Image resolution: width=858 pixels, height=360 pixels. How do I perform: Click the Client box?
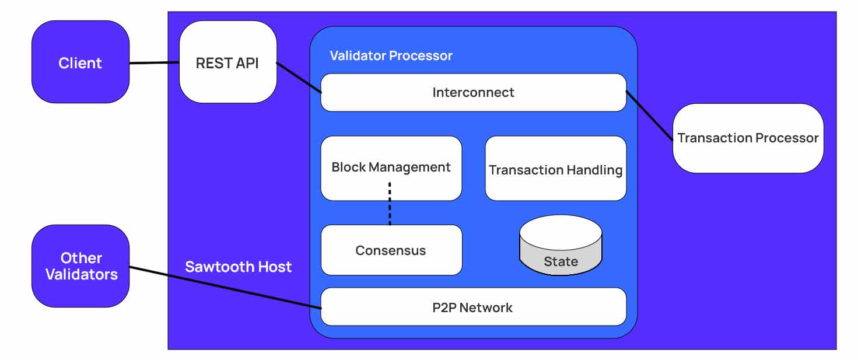[x=80, y=62]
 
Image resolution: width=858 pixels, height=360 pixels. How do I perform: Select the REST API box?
[x=227, y=62]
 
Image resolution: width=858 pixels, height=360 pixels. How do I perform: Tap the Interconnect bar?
[x=473, y=92]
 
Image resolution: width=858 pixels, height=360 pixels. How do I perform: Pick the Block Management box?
[x=391, y=168]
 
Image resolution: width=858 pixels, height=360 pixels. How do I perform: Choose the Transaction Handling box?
[x=555, y=169]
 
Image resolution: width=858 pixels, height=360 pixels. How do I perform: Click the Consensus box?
[x=391, y=250]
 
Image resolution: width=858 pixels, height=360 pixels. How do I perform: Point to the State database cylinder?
[x=561, y=245]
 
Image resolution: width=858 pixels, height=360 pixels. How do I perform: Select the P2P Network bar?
[x=473, y=307]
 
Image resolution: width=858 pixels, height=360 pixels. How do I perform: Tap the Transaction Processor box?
[x=748, y=138]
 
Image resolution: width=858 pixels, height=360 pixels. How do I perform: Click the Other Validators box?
[x=80, y=266]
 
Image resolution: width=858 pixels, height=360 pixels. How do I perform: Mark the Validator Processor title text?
[x=391, y=56]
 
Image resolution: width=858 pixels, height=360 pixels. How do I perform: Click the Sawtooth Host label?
[x=238, y=267]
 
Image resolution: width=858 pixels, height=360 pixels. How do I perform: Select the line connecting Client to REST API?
[x=154, y=63]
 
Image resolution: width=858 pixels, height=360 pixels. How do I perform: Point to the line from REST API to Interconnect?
[x=299, y=77]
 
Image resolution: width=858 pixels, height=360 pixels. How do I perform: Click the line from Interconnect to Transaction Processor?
[x=650, y=116]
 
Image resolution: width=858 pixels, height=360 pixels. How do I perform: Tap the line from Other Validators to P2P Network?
[x=225, y=287]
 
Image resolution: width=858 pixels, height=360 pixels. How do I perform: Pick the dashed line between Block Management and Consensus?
[x=390, y=204]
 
